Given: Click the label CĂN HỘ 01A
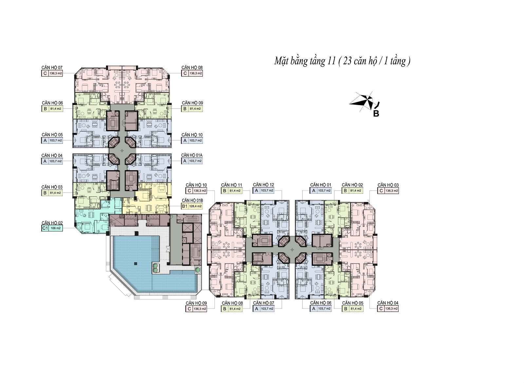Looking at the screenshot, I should click(192, 155).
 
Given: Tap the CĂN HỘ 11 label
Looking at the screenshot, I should click(232, 185).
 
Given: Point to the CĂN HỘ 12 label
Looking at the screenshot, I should click(263, 185).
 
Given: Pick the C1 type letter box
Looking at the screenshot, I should click(45, 228).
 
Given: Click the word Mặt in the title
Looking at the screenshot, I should click(280, 62).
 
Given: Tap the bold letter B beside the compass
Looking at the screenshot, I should click(376, 114).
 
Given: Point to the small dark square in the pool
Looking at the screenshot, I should click(135, 263).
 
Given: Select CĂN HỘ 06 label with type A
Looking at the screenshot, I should click(321, 303).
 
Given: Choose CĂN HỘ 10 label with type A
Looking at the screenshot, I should click(192, 135).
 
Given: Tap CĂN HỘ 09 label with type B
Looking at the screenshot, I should click(192, 103).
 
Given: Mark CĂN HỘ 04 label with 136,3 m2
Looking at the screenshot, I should click(388, 303).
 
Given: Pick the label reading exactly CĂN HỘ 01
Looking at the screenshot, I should click(321, 185).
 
